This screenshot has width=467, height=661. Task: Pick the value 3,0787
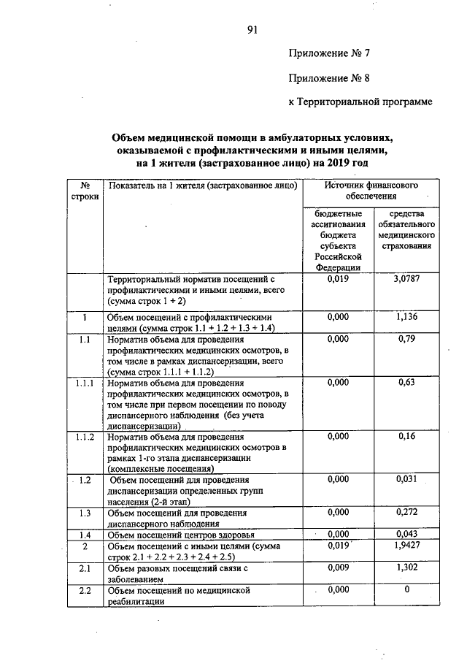[406, 279]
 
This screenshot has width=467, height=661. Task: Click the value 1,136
[406, 318]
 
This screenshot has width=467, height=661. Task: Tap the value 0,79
[406, 339]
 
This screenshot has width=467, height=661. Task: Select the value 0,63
[406, 381]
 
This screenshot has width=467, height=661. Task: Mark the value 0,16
[406, 436]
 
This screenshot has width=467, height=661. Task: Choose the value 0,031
[406, 479]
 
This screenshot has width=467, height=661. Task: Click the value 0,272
[406, 512]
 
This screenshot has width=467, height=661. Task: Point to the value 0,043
[406, 534]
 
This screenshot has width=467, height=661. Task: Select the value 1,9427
[406, 546]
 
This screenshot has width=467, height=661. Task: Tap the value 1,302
[406, 567]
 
